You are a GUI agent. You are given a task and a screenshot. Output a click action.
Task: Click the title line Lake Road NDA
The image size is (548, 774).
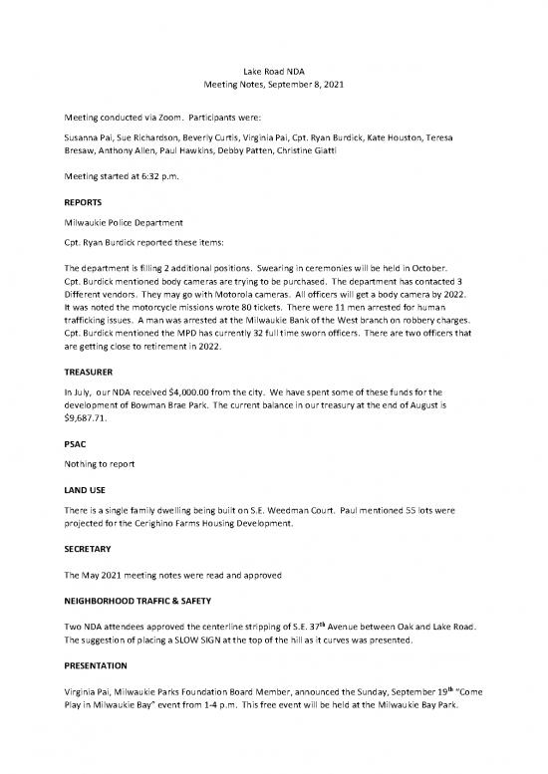point(274,72)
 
